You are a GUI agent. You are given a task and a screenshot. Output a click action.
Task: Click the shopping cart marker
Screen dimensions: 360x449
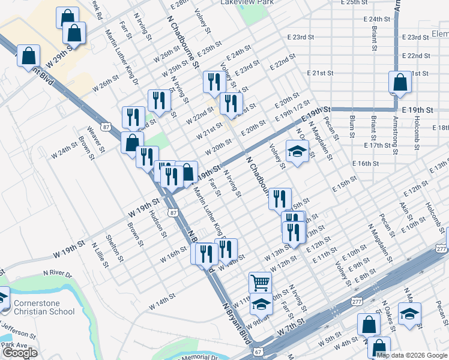260,281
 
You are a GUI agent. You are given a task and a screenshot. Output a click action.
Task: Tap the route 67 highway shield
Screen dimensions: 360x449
258,351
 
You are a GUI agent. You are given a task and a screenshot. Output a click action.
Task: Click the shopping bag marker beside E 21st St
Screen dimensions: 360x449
400,83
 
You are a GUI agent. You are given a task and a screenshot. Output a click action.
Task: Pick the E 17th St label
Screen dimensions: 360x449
377,146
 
